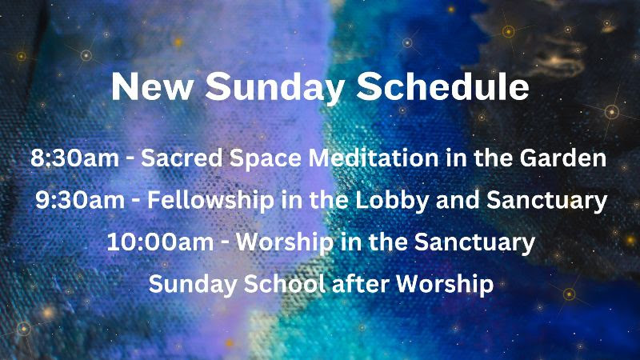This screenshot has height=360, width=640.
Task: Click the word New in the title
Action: click(152, 86)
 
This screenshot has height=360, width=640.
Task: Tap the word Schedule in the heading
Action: click(442, 86)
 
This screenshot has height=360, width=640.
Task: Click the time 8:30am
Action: click(74, 158)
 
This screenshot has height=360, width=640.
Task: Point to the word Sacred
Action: click(182, 158)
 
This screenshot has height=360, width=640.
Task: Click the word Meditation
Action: click(374, 158)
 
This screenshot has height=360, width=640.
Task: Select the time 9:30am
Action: click(80, 201)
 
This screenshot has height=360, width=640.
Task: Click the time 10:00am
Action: click(160, 242)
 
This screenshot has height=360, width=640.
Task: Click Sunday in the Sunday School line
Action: click(193, 285)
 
